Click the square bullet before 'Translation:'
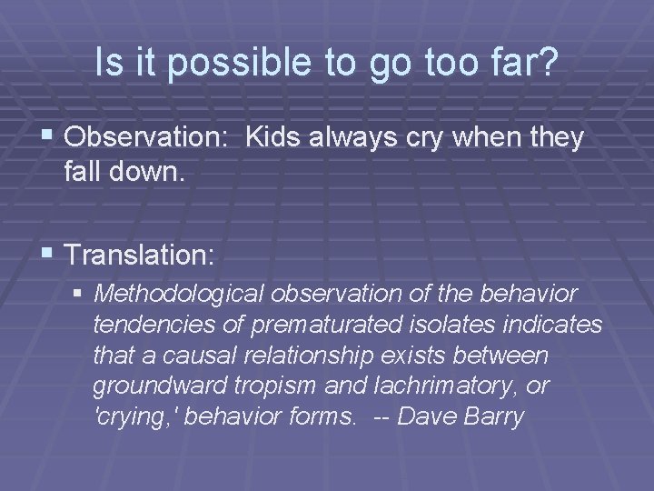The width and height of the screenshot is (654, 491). (51, 256)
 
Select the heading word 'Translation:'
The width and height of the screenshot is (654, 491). (140, 255)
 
